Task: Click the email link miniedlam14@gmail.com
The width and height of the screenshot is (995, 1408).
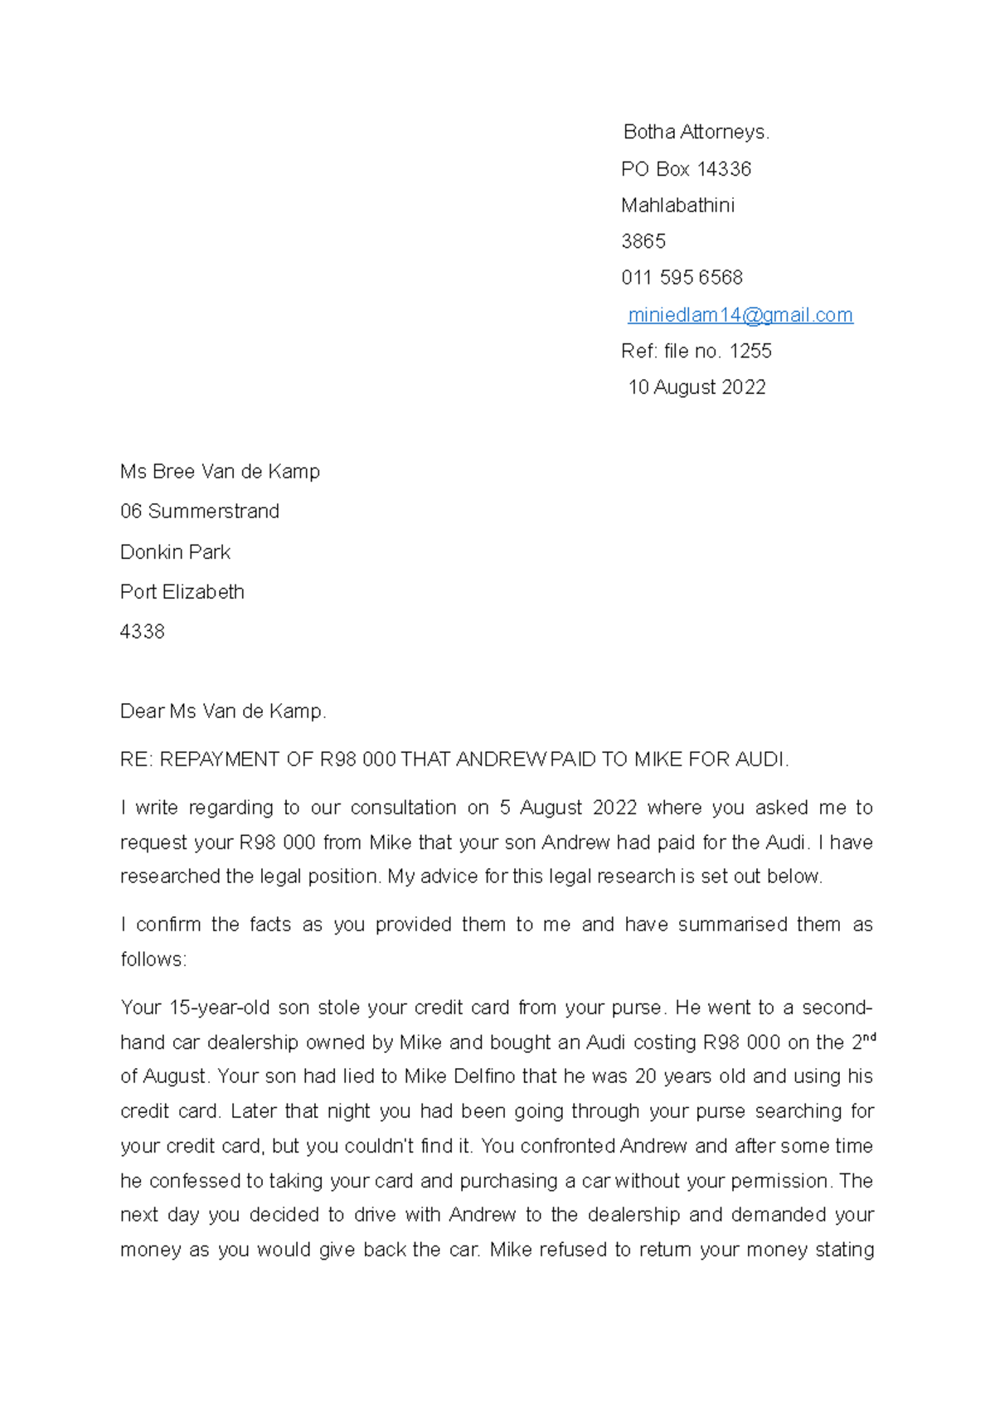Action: click(740, 315)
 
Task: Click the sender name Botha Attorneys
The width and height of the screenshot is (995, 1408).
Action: click(696, 132)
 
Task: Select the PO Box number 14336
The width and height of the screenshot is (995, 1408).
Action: click(724, 169)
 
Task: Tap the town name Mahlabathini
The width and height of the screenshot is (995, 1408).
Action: click(677, 206)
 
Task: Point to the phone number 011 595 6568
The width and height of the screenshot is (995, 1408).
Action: click(682, 278)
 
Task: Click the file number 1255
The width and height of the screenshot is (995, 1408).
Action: click(750, 352)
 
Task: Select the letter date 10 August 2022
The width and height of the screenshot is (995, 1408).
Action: click(696, 387)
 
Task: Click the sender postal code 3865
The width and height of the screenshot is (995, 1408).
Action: click(643, 241)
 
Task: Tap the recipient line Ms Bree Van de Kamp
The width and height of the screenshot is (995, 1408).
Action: click(220, 472)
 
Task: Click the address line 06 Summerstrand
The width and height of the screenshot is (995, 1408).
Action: click(200, 512)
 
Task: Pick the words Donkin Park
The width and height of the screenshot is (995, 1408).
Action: click(175, 552)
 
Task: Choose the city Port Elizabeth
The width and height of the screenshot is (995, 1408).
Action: click(182, 592)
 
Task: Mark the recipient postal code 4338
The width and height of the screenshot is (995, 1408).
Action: click(143, 632)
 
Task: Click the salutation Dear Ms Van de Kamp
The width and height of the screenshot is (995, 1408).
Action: click(223, 711)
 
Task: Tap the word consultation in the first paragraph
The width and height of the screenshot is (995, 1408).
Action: click(403, 808)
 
